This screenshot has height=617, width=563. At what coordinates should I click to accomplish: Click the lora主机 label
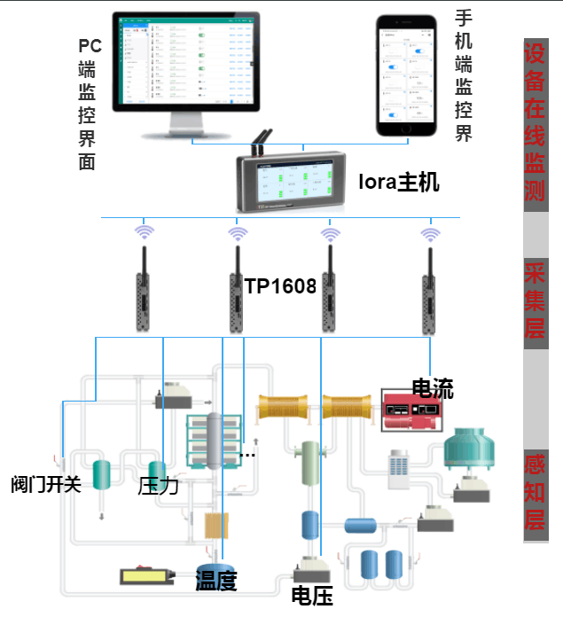point(398,184)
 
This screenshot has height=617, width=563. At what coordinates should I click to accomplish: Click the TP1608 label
point(281,285)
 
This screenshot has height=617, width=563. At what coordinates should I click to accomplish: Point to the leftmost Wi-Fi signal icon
point(144,233)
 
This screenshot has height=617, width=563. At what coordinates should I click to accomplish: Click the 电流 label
point(433,388)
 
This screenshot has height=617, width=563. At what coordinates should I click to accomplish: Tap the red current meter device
point(412,410)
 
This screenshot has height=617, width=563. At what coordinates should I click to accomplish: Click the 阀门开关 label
point(46,485)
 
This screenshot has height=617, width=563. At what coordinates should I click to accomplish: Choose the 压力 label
point(159,486)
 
